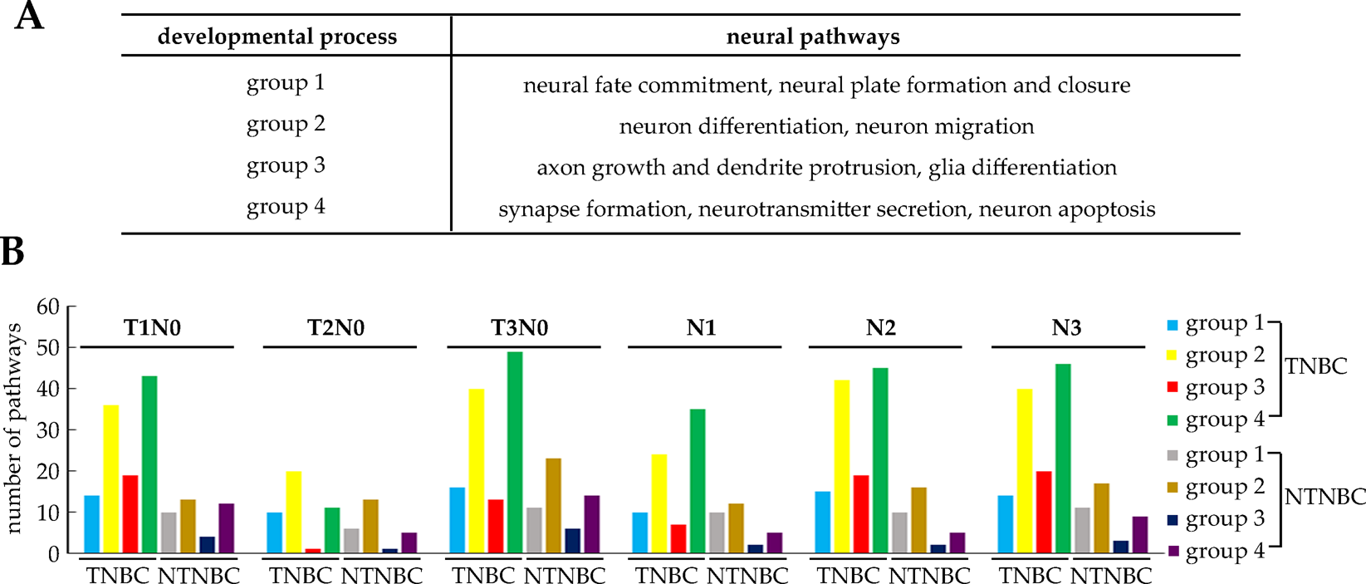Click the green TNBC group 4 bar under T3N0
click(x=515, y=452)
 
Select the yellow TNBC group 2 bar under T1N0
click(x=110, y=478)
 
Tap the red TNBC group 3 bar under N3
click(x=1044, y=512)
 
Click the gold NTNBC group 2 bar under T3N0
click(x=553, y=505)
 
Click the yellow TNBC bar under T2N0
click(x=294, y=512)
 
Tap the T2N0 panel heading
click(x=336, y=327)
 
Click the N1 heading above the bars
click(x=701, y=327)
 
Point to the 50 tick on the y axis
click(x=48, y=347)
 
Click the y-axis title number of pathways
click(x=13, y=429)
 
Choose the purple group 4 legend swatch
click(x=1172, y=552)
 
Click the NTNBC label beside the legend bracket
click(x=1324, y=497)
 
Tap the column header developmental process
click(x=277, y=37)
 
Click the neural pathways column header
click(x=813, y=37)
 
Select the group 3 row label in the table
click(x=286, y=165)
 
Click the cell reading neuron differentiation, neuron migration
click(x=826, y=126)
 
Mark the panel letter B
click(x=12, y=252)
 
